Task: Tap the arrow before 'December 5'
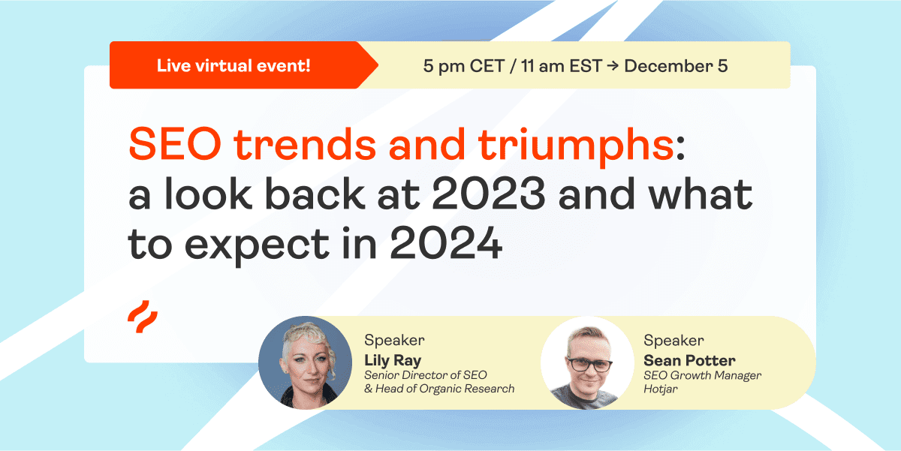[613, 66]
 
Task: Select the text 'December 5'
[676, 66]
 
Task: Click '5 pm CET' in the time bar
[464, 66]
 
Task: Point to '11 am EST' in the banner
[562, 66]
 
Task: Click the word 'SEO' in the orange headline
[175, 143]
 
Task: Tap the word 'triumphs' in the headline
[576, 147]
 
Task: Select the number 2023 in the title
[489, 194]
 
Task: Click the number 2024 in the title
[446, 243]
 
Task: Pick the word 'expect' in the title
[257, 246]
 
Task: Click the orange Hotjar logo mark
[143, 317]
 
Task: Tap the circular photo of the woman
[305, 362]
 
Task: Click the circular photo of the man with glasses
[588, 362]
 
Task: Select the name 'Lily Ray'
[393, 360]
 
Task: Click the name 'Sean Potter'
[689, 360]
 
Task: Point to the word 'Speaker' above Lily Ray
[394, 341]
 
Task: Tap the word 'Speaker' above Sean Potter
[673, 341]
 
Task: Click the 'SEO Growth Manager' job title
[702, 375]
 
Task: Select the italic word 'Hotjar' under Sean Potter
[661, 389]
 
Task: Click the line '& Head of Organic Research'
[439, 389]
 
